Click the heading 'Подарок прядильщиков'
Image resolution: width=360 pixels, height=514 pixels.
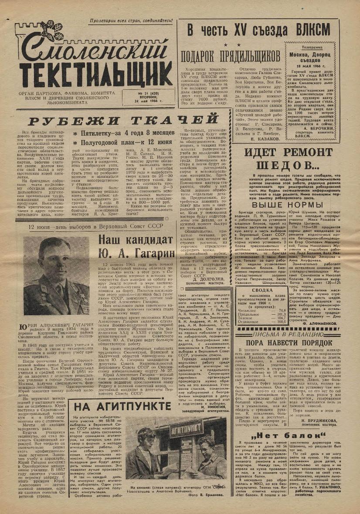231,56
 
